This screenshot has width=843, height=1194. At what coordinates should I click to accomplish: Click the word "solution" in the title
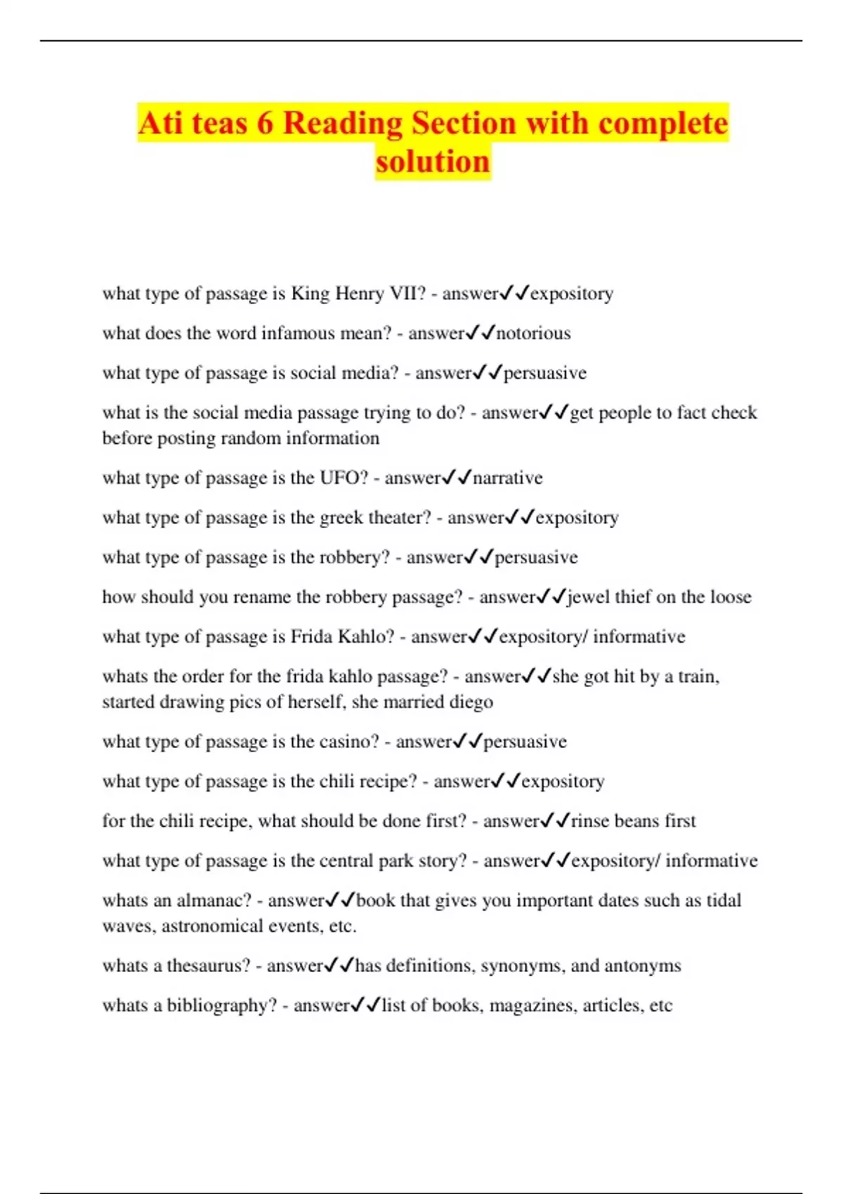[x=432, y=162]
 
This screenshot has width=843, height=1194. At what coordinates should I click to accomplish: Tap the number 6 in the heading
[x=265, y=124]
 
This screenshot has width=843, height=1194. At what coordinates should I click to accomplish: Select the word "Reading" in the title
[x=342, y=124]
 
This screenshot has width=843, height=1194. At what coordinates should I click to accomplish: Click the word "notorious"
[x=533, y=333]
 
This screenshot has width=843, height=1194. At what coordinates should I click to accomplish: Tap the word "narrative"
[x=507, y=478]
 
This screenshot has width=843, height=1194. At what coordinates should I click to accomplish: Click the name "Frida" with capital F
[x=311, y=636]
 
